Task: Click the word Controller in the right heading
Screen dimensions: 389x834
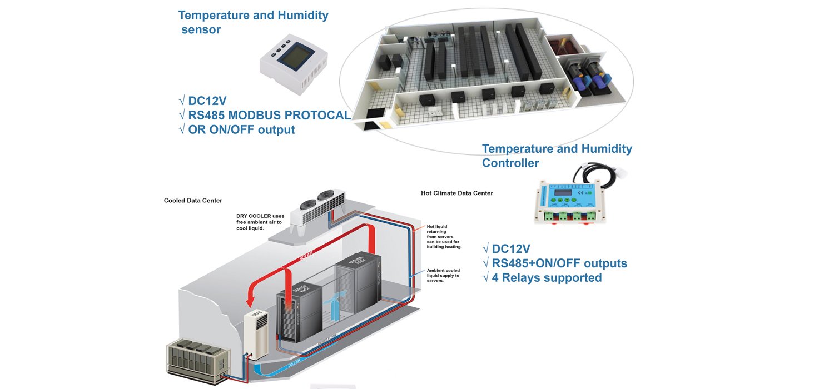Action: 510,163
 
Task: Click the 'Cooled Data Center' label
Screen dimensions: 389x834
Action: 193,201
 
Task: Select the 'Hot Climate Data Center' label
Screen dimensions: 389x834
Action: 457,193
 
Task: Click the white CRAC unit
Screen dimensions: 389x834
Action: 256,333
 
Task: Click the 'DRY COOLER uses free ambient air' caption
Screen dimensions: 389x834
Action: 260,222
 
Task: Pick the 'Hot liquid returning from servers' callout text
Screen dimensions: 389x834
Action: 444,236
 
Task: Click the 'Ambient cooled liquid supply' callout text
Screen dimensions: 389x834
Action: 443,276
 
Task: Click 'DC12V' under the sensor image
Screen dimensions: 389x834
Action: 207,101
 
